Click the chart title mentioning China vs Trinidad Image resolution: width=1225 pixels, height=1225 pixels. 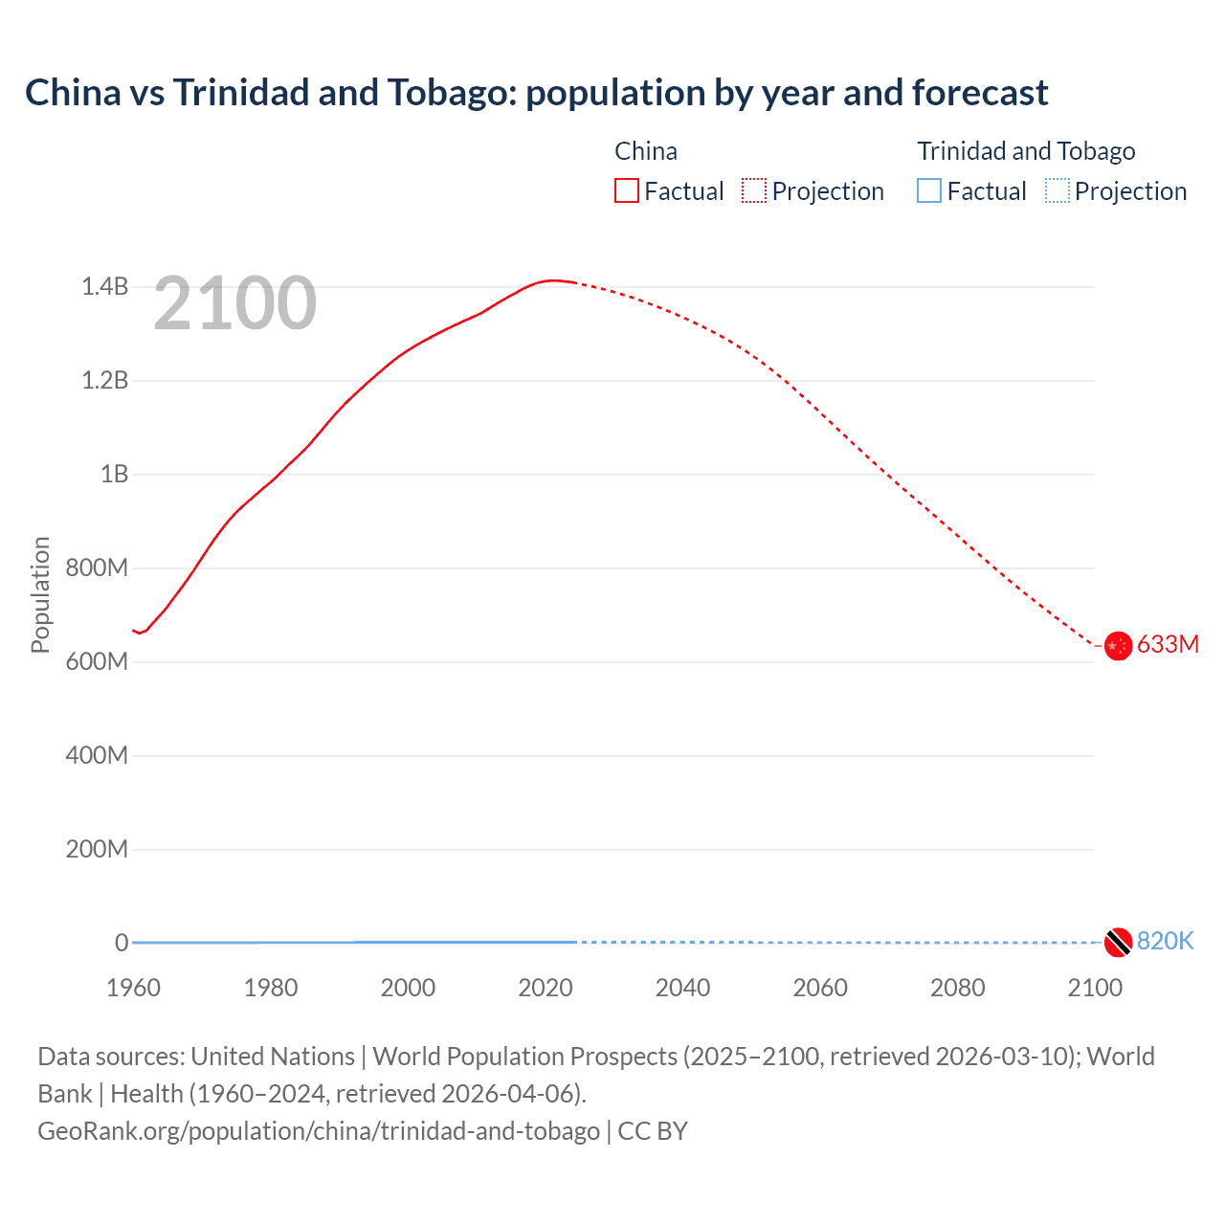point(536,93)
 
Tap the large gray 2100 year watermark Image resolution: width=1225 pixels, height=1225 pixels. point(234,303)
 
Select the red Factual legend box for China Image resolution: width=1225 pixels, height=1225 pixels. point(627,190)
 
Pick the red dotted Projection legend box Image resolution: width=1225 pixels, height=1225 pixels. point(754,190)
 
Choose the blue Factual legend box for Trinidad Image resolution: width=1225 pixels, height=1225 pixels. point(929,190)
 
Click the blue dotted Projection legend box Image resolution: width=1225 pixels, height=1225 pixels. point(1057,190)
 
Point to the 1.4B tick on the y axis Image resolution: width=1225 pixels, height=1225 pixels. point(104,286)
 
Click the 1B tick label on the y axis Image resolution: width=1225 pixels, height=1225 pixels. point(114,474)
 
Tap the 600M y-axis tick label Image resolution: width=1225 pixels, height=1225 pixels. point(97,661)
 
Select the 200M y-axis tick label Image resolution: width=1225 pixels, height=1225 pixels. point(97,849)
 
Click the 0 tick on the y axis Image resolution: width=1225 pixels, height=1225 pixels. point(122,943)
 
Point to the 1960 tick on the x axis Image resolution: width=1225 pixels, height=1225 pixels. point(133,988)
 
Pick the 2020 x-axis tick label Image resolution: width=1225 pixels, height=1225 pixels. point(546,988)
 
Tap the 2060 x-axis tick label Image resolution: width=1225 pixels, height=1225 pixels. point(820,988)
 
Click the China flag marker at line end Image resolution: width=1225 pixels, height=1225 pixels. point(1118,646)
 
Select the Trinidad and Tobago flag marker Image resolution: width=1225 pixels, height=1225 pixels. point(1118,943)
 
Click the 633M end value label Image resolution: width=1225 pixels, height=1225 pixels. point(1168,644)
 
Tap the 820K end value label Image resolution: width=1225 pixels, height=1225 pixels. point(1165,941)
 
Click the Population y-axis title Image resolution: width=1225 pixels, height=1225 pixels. point(40,594)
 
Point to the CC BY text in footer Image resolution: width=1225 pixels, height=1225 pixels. point(653,1131)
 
